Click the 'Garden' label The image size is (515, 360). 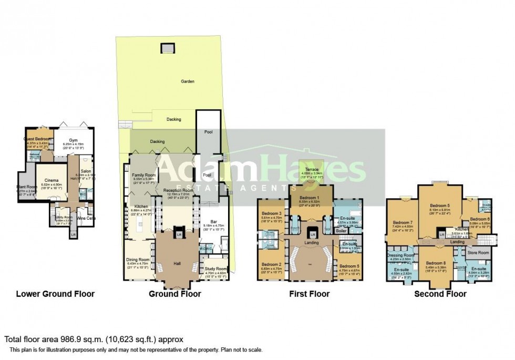188,81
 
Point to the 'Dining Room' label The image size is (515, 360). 138,259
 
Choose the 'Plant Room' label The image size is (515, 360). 26,187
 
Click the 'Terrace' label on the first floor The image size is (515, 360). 310,169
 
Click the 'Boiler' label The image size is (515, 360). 341,231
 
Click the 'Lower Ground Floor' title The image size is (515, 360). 55,294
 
